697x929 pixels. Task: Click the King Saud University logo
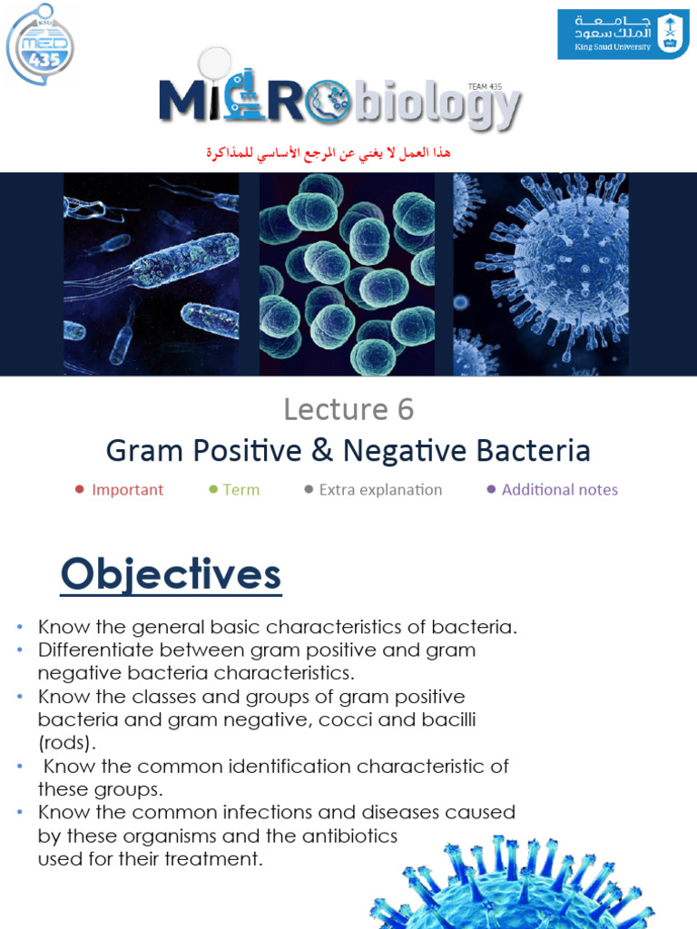(622, 34)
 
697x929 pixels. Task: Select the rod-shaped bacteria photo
(152, 274)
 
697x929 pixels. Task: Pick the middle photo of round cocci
(348, 274)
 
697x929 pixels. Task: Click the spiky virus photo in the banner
(541, 274)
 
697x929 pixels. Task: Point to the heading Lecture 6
(348, 410)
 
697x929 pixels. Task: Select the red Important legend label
(127, 490)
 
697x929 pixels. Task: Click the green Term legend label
(241, 490)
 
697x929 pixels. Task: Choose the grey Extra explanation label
(380, 490)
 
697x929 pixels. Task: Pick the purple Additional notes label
(559, 490)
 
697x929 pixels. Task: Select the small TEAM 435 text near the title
(485, 86)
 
